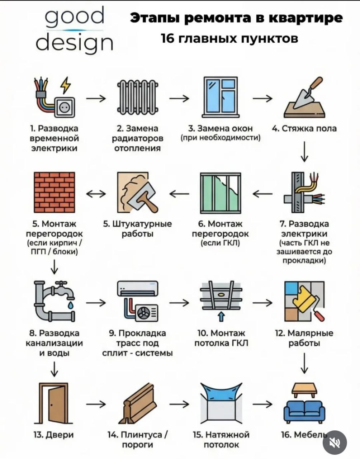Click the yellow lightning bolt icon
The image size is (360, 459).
(66, 85)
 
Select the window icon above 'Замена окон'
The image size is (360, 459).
(221, 97)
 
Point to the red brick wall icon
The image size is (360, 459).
(54, 193)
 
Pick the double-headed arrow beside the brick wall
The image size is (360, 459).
(96, 194)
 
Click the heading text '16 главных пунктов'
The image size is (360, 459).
(229, 38)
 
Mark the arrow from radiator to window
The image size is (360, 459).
(179, 98)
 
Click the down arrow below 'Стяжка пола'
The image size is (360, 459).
(304, 152)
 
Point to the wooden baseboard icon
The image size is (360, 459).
(138, 403)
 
